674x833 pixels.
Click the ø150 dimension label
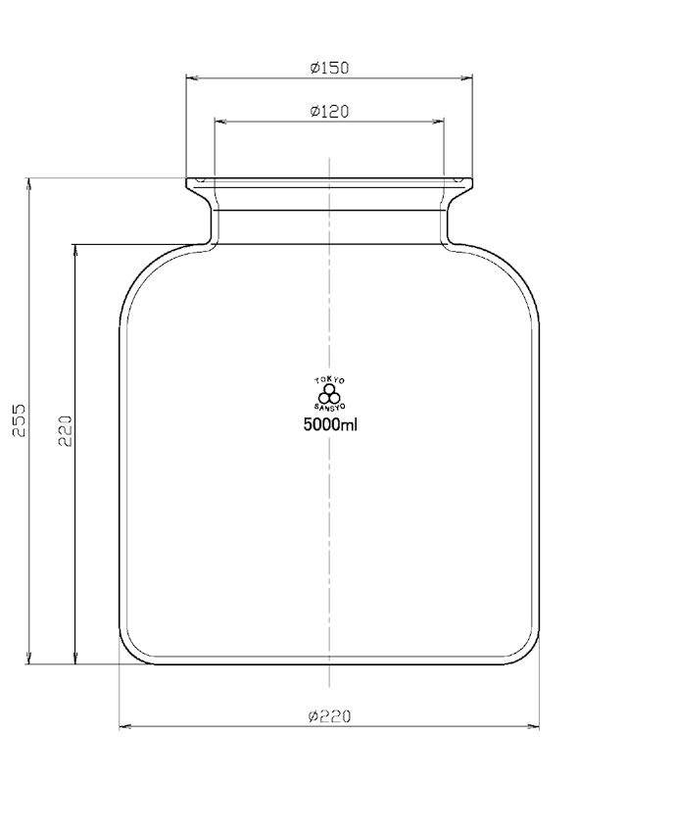tap(329, 68)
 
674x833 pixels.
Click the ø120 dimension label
tap(329, 112)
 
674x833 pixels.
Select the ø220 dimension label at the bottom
tap(329, 716)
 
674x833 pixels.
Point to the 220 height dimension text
tap(66, 430)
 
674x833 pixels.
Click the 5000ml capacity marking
tap(330, 425)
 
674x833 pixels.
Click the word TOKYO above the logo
tap(329, 380)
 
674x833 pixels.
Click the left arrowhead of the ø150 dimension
tap(191, 77)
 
